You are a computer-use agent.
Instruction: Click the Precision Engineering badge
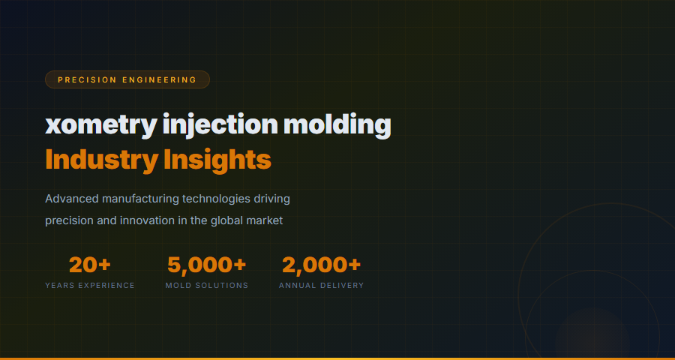click(x=127, y=79)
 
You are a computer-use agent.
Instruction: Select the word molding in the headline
click(x=337, y=124)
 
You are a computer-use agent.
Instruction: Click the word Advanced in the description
click(x=72, y=199)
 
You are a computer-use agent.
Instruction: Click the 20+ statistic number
click(x=90, y=265)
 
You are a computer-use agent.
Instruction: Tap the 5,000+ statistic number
click(x=206, y=265)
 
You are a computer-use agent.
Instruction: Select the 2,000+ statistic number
click(x=321, y=265)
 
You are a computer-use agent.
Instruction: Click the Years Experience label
click(x=90, y=286)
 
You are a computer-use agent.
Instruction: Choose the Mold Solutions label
click(x=206, y=286)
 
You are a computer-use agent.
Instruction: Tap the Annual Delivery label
click(x=321, y=286)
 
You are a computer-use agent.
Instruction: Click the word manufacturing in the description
click(x=141, y=199)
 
